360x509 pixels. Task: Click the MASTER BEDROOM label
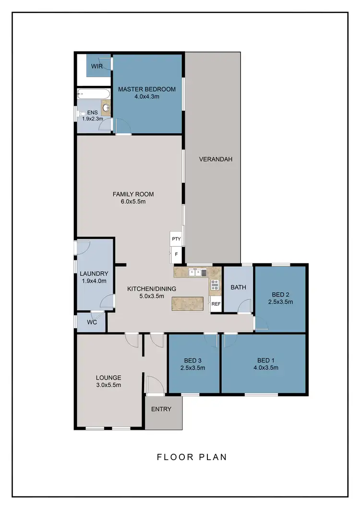point(147,89)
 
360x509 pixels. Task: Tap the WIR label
point(97,66)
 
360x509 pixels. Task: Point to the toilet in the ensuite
point(81,114)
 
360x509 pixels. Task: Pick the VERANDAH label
point(212,159)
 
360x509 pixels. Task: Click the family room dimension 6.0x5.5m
point(133,201)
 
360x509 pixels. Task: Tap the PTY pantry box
point(175,238)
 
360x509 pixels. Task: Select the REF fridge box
point(216,304)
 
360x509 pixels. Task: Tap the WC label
point(92,322)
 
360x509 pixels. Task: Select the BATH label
point(238,287)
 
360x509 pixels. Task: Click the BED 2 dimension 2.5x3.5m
point(280,302)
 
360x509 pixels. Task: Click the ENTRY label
point(161,409)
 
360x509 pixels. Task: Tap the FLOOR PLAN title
point(192,457)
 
